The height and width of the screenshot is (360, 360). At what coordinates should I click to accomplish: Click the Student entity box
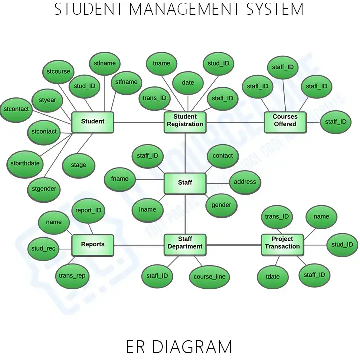pyautogui.click(x=93, y=122)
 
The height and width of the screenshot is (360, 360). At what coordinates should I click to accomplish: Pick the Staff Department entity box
pyautogui.click(x=185, y=244)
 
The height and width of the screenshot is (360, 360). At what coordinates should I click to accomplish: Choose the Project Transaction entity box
pyautogui.click(x=282, y=244)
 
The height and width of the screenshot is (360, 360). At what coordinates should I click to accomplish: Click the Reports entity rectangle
pyautogui.click(x=93, y=244)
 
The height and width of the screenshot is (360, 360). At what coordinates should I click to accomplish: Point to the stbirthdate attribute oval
pyautogui.click(x=25, y=164)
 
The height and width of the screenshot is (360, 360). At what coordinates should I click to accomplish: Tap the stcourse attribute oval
pyautogui.click(x=58, y=72)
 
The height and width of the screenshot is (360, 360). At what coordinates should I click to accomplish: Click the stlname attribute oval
pyautogui.click(x=105, y=64)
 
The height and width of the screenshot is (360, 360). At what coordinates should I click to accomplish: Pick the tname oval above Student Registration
pyautogui.click(x=161, y=64)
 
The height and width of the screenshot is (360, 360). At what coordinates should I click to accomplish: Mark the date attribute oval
pyautogui.click(x=188, y=83)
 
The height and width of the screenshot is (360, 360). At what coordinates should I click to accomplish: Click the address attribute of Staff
pyautogui.click(x=245, y=182)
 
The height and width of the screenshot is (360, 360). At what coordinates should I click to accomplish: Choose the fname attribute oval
pyautogui.click(x=120, y=179)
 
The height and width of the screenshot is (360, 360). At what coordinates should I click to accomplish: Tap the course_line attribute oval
pyautogui.click(x=209, y=277)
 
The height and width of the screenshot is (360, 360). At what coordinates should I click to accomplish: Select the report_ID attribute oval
pyautogui.click(x=88, y=211)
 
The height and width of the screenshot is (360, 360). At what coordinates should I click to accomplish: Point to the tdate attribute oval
pyautogui.click(x=273, y=277)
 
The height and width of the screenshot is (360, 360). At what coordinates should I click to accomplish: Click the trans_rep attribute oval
pyautogui.click(x=72, y=276)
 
